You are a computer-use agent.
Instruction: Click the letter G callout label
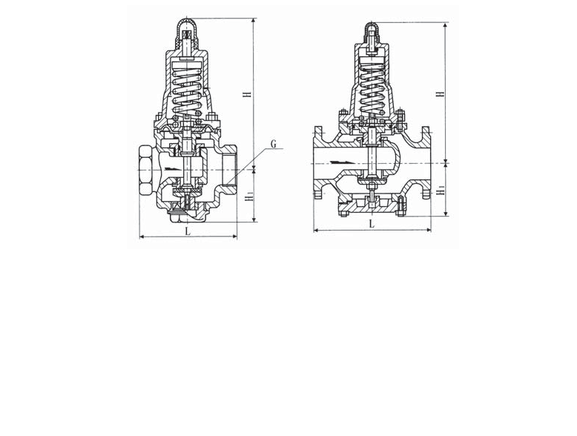273,145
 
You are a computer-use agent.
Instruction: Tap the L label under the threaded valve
188,231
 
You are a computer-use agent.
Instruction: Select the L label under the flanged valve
372,223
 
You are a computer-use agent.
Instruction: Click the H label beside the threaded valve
248,94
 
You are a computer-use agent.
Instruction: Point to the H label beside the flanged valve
440,93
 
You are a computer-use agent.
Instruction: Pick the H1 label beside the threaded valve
249,196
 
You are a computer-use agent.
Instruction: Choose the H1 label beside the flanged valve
441,191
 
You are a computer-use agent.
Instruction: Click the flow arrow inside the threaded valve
173,169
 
